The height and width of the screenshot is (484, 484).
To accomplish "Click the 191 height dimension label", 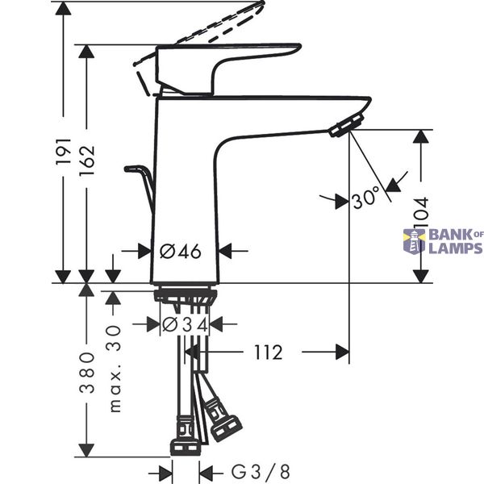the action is tap(64, 152).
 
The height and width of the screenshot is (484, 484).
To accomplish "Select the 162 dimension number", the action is tap(86, 160).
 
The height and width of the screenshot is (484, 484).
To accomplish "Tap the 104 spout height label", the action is tap(421, 213).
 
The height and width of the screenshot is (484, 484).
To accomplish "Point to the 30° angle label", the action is tap(365, 198).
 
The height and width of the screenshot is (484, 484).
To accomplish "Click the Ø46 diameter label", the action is tap(181, 251).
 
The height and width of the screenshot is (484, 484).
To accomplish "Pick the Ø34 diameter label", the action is tap(185, 324).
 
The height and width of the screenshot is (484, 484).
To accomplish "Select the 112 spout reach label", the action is tap(269, 353).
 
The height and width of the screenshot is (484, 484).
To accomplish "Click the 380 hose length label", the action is tap(87, 372).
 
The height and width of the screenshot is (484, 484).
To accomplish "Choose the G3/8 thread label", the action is tap(261, 472).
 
